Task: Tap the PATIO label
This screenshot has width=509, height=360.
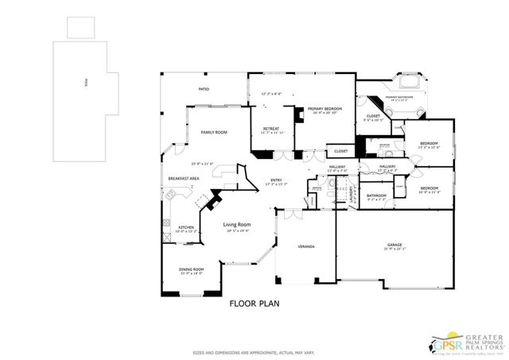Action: tap(204, 89)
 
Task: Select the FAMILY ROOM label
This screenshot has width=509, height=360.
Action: tap(213, 132)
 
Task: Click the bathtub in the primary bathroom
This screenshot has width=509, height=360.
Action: tap(410, 83)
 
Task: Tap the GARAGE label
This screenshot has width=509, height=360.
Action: tap(394, 246)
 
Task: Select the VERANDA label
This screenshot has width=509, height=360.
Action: tap(306, 247)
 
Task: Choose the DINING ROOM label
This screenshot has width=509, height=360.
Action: tap(191, 269)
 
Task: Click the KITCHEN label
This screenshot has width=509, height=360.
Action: tap(186, 226)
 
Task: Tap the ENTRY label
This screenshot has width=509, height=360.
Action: tap(276, 180)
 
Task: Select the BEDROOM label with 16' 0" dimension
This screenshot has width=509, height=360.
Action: tap(429, 188)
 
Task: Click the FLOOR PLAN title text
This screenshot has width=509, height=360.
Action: tap(254, 304)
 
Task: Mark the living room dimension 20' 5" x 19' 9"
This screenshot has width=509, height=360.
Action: tap(237, 230)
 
